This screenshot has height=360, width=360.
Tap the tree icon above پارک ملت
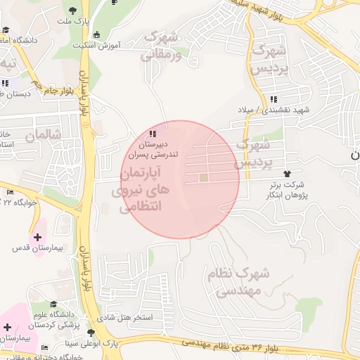(74, 10)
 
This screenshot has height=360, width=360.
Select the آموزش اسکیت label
(97, 45)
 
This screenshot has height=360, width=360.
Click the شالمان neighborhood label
(42, 134)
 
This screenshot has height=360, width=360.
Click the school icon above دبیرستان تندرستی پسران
(153, 133)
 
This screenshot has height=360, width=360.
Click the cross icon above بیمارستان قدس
(37, 237)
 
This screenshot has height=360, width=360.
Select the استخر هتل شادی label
(124, 318)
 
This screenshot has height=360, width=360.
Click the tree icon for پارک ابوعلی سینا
(91, 333)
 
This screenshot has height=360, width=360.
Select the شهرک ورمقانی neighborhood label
(162, 45)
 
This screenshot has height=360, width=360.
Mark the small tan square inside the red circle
(204, 178)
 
